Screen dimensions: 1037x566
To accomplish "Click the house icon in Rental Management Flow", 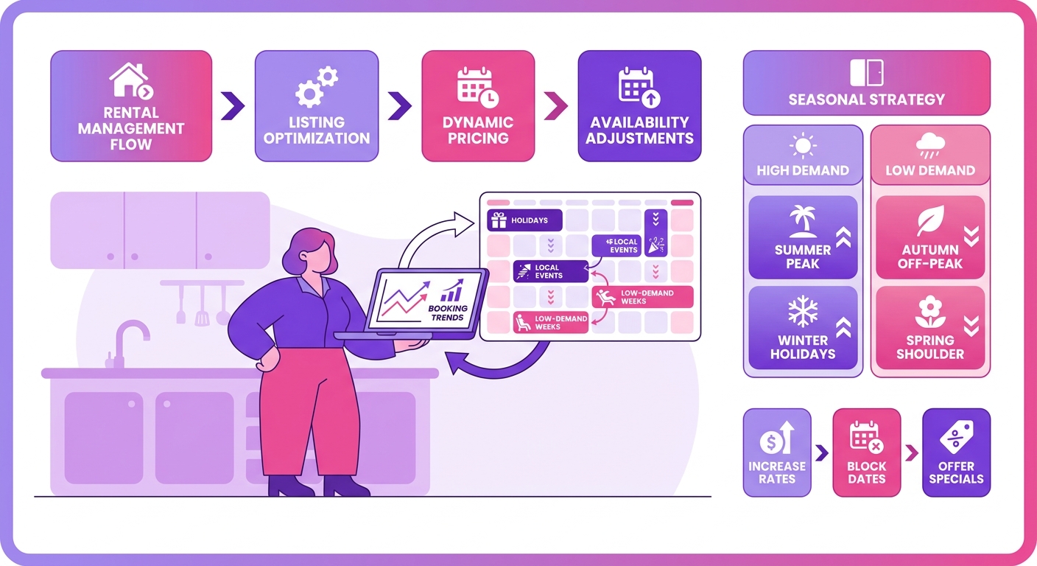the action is (x=130, y=80).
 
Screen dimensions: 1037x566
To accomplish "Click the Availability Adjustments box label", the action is (x=639, y=130).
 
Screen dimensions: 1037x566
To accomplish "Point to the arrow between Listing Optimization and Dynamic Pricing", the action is (x=400, y=106).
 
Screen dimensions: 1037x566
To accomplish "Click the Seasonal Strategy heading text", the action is (x=867, y=99).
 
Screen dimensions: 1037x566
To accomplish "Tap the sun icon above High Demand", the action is (x=803, y=146).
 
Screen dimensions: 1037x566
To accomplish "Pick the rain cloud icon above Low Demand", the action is (x=930, y=145).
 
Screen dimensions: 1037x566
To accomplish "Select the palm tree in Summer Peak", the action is (x=802, y=221).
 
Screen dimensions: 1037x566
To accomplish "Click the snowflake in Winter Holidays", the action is (x=803, y=311).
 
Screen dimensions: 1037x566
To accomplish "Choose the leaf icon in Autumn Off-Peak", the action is (x=930, y=220).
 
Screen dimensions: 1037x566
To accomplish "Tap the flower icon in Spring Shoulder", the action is (x=930, y=312).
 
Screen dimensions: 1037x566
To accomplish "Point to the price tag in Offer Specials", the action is (x=957, y=437).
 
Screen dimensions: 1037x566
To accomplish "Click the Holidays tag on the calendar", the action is (x=524, y=220).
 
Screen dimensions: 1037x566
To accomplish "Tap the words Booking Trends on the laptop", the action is (x=448, y=312).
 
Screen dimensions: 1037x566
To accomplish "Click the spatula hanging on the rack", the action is (x=202, y=307).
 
